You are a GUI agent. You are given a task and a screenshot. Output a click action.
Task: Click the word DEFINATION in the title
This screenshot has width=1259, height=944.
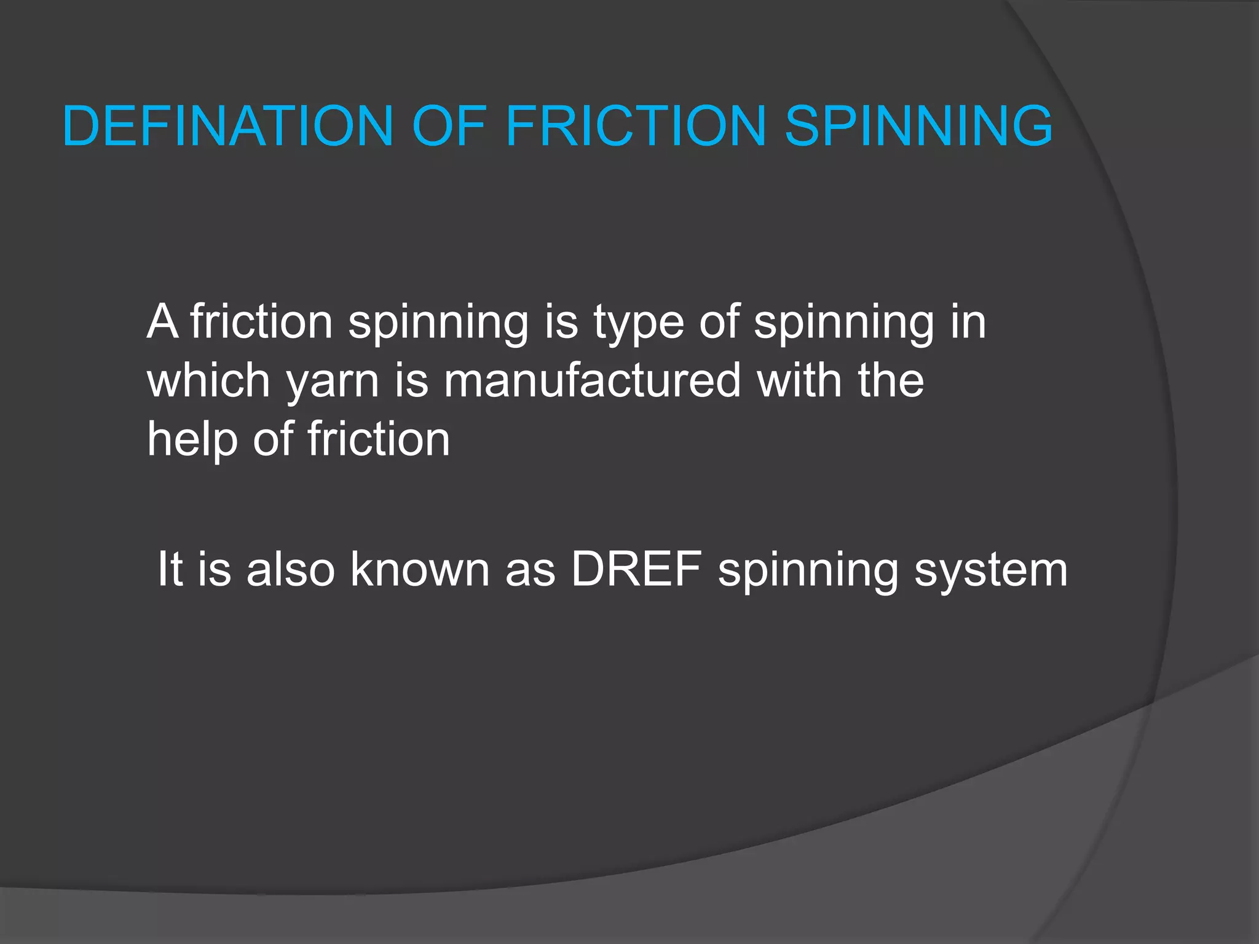(x=227, y=126)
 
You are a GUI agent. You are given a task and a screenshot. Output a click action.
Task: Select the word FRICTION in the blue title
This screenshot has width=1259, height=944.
(x=636, y=126)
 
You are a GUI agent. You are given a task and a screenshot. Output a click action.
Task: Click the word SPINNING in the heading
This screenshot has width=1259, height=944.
(x=919, y=126)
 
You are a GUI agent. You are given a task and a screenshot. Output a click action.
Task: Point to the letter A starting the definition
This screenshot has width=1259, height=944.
(x=162, y=321)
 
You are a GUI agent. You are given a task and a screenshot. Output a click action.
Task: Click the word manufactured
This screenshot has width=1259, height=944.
(x=592, y=380)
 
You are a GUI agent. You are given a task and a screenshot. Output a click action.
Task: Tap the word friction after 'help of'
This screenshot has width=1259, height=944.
(x=379, y=439)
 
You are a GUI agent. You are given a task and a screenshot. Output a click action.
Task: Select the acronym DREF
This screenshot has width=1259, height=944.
(x=636, y=569)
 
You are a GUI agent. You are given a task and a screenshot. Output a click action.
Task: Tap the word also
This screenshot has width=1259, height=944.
(x=290, y=569)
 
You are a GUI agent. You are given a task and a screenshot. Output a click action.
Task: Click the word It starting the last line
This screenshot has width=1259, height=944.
(x=170, y=569)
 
